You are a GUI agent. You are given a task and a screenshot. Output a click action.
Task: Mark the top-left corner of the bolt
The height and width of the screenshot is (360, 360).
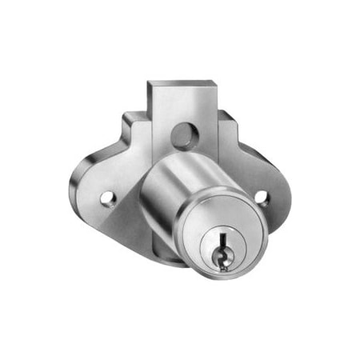click(150, 81)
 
